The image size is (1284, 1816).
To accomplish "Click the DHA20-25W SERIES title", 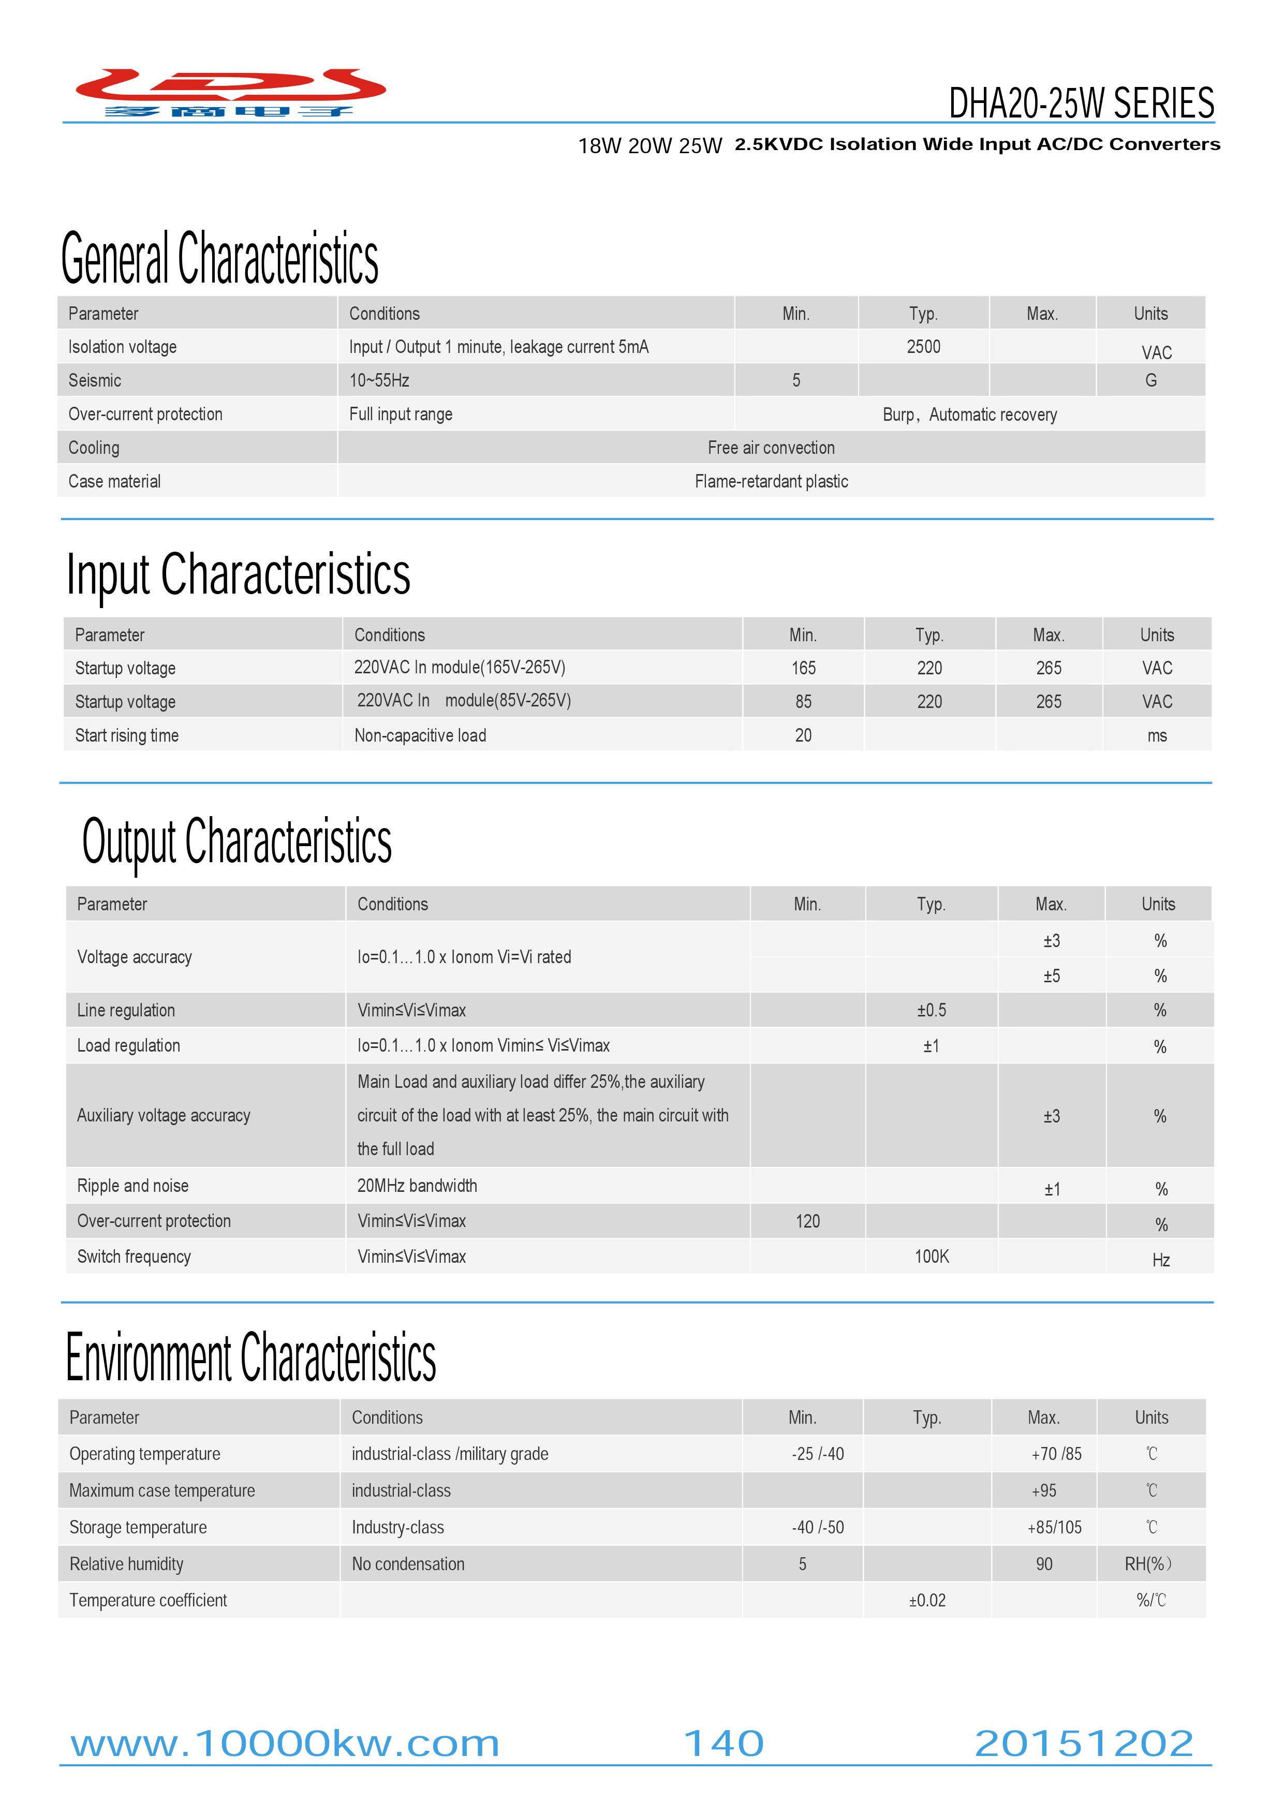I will pyautogui.click(x=1081, y=103).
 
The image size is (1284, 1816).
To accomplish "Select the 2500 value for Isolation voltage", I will pyautogui.click(x=923, y=346).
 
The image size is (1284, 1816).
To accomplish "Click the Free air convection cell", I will pyautogui.click(x=771, y=448).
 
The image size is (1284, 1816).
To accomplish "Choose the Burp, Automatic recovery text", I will pyautogui.click(x=969, y=415).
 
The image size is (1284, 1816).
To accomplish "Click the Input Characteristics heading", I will pyautogui.click(x=238, y=574).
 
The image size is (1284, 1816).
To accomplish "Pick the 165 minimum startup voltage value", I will pyautogui.click(x=803, y=668).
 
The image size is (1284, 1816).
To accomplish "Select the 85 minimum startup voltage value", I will pyautogui.click(x=803, y=702).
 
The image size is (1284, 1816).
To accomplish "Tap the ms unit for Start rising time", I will pyautogui.click(x=1157, y=735).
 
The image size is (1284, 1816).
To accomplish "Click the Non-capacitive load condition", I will pyautogui.click(x=420, y=735).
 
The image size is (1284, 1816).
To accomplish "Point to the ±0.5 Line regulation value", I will pyautogui.click(x=931, y=1010).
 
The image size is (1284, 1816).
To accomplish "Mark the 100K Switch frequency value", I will pyautogui.click(x=931, y=1256).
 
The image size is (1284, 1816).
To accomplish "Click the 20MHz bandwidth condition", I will pyautogui.click(x=417, y=1186).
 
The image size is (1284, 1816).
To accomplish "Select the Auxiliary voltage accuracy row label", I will pyautogui.click(x=164, y=1115).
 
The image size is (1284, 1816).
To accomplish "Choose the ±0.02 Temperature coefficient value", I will pyautogui.click(x=926, y=1600).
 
